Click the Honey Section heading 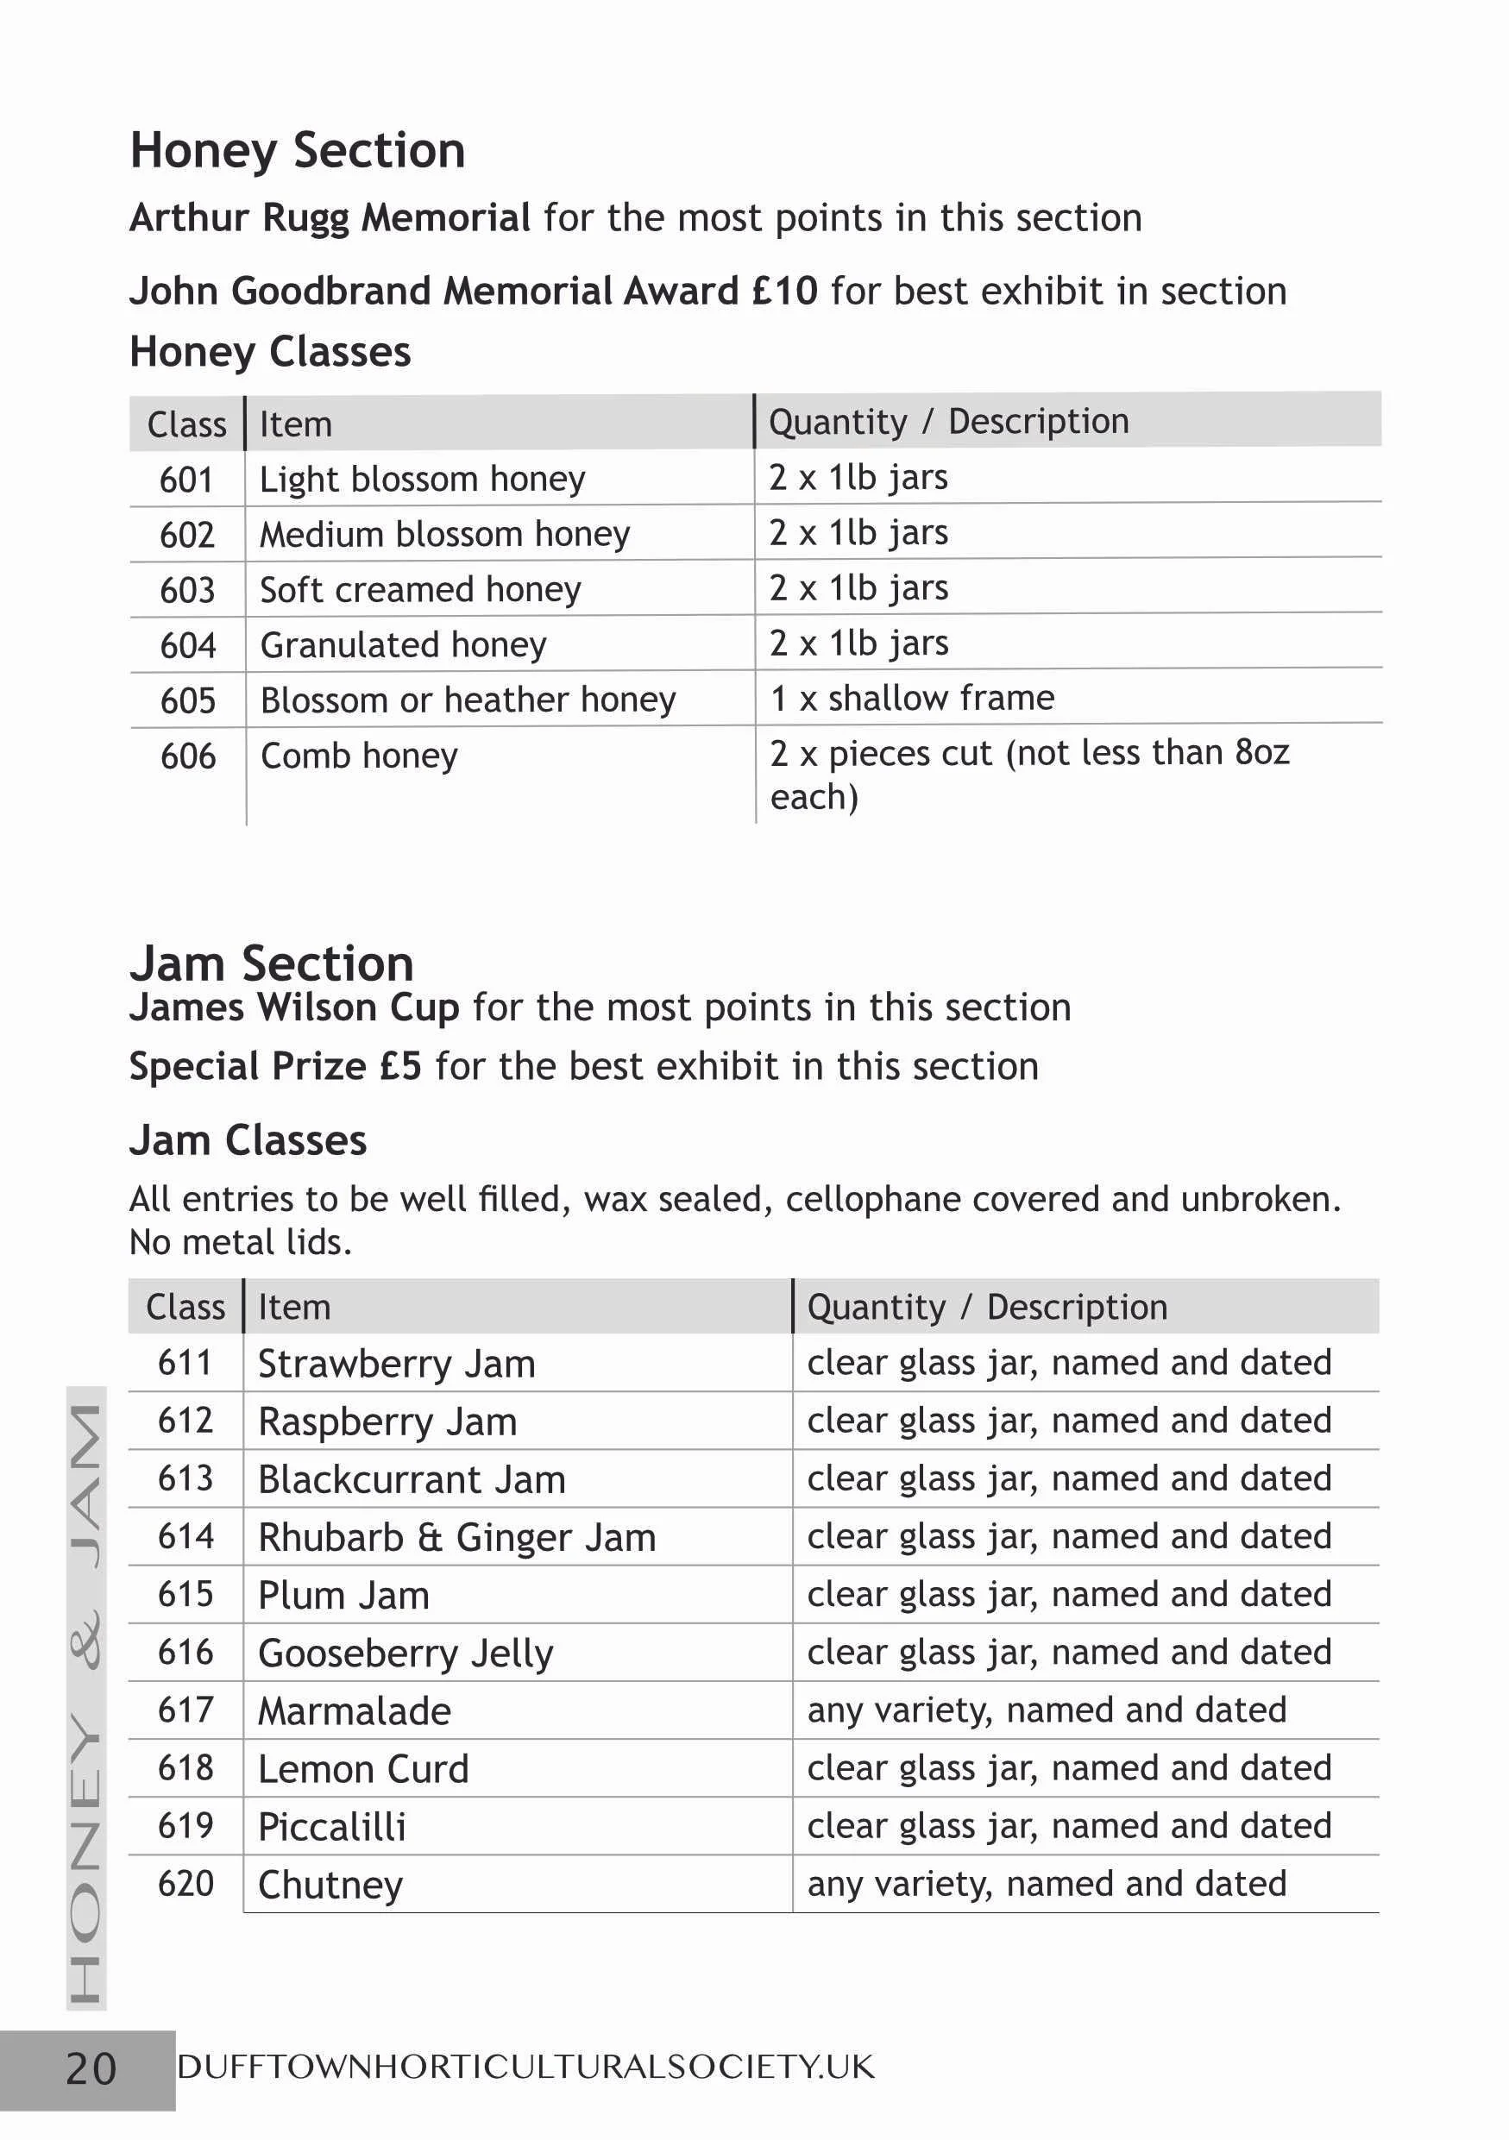tap(298, 151)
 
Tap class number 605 tap(187, 701)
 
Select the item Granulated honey tap(403, 645)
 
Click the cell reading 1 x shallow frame tap(912, 698)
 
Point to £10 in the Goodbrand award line tap(785, 292)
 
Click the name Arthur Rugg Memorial tap(330, 218)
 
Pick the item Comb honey tap(359, 756)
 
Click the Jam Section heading tap(271, 963)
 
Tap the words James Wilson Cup tap(293, 1007)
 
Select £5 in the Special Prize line tap(399, 1066)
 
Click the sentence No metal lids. tap(241, 1242)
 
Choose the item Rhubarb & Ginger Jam tap(456, 1538)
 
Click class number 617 tap(185, 1710)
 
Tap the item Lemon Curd tap(362, 1769)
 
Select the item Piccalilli tap(332, 1827)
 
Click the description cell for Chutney tap(1046, 1884)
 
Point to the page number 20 tap(91, 2069)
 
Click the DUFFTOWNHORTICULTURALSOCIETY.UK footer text tap(525, 2068)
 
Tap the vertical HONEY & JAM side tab tap(85, 1698)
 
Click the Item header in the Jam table tap(293, 1308)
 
